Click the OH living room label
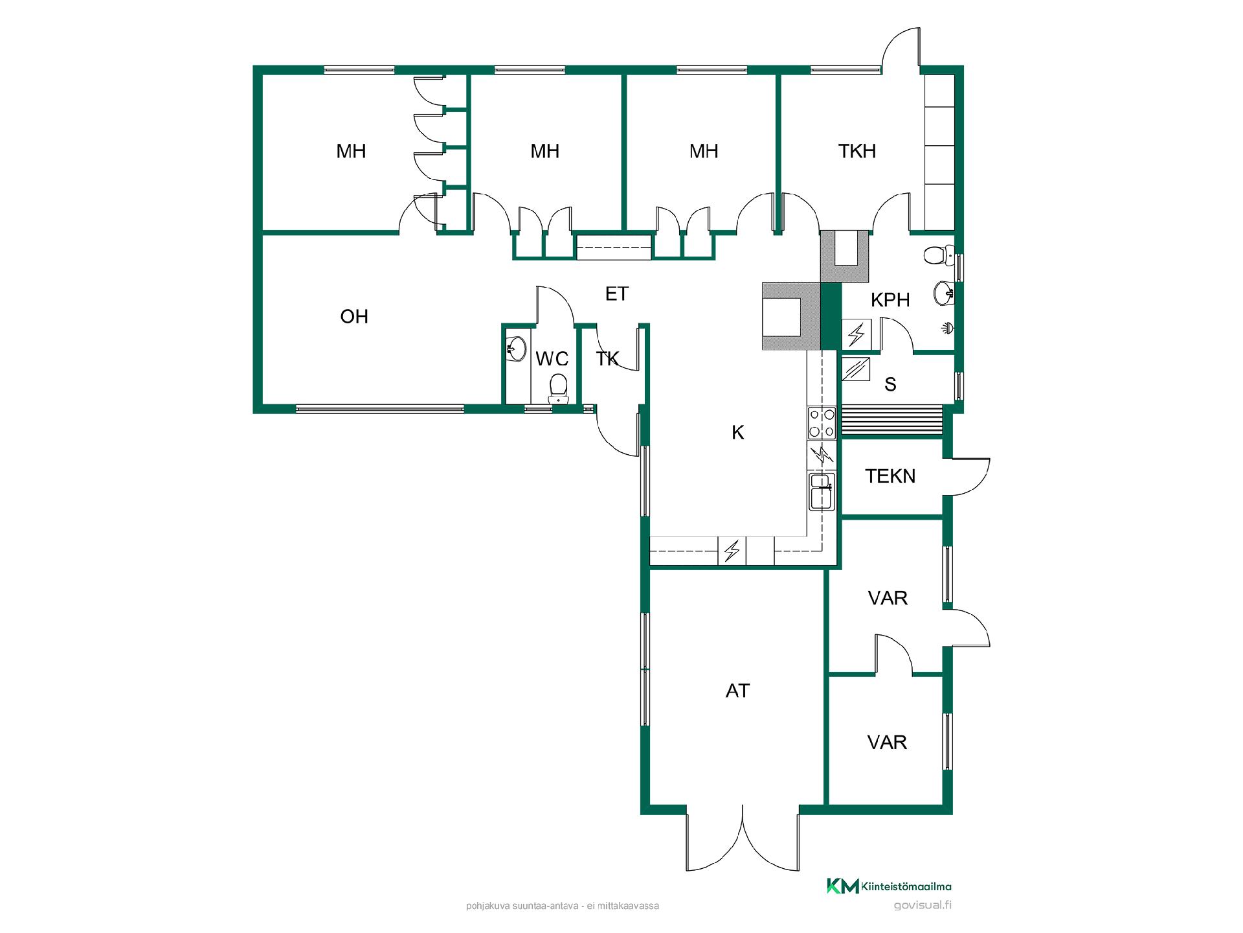(x=354, y=316)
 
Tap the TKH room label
(x=857, y=151)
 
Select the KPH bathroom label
(x=890, y=300)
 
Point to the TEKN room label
(x=890, y=476)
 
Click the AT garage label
(x=737, y=691)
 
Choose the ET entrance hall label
(x=616, y=294)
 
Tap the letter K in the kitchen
(x=738, y=433)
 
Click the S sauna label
(x=890, y=385)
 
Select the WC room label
(x=552, y=359)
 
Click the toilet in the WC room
(x=557, y=389)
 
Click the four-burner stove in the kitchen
(x=822, y=422)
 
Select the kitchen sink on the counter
(x=822, y=491)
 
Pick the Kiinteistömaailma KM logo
(x=889, y=886)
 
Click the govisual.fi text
(x=923, y=906)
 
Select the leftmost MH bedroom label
(x=351, y=151)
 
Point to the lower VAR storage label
(x=887, y=742)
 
